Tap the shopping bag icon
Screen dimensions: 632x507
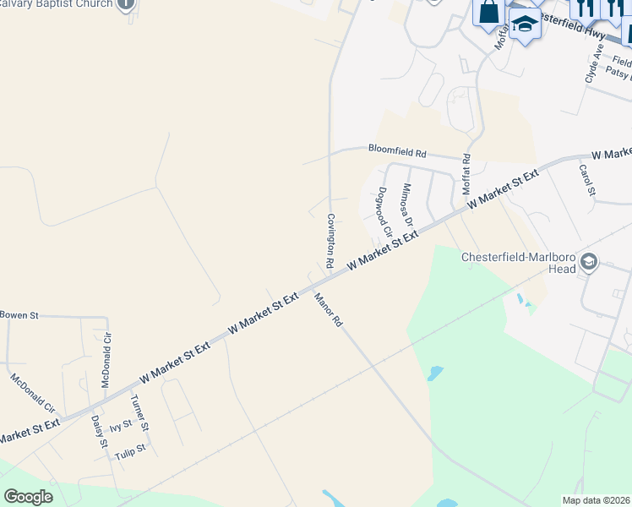coord(489,13)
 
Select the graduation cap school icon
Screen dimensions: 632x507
coord(524,24)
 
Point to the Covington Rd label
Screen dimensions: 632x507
coord(331,241)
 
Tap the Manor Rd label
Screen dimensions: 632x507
coord(327,309)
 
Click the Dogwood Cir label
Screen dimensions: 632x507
coord(385,210)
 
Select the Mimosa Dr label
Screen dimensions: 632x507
coord(407,207)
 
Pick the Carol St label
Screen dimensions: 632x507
coord(587,179)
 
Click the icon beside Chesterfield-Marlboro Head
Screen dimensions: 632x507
coord(589,264)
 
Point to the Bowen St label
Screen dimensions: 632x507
coord(19,315)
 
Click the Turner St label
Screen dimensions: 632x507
coord(141,412)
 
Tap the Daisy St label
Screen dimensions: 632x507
coord(98,431)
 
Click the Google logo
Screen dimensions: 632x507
coord(28,496)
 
